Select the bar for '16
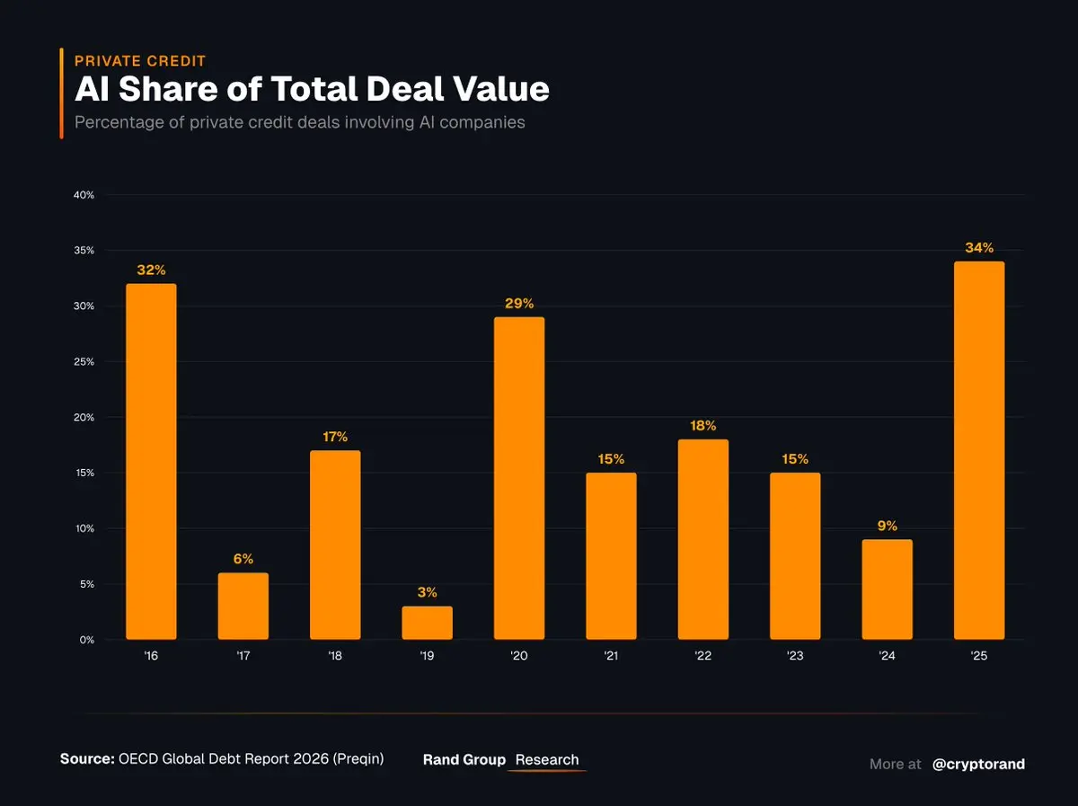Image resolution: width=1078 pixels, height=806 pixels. pyautogui.click(x=151, y=462)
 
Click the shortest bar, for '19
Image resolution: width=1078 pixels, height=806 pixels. pyautogui.click(x=427, y=623)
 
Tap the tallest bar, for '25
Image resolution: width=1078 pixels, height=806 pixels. pyautogui.click(x=979, y=450)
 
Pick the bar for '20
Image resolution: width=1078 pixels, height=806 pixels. pyautogui.click(x=519, y=478)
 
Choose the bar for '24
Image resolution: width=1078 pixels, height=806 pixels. pyautogui.click(x=887, y=589)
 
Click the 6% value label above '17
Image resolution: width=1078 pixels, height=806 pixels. pyautogui.click(x=243, y=559)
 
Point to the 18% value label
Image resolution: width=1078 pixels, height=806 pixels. pyautogui.click(x=703, y=425)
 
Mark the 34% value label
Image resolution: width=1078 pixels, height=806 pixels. pyautogui.click(x=979, y=248)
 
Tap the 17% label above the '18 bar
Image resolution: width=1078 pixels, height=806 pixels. pyautogui.click(x=335, y=437)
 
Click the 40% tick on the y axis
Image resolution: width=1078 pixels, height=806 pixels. pyautogui.click(x=84, y=195)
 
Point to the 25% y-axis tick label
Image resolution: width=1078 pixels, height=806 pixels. pyautogui.click(x=84, y=362)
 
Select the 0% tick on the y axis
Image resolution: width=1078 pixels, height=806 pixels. pyautogui.click(x=86, y=640)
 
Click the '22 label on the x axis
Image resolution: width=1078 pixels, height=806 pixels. pyautogui.click(x=703, y=657)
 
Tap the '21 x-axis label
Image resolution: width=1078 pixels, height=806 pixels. pyautogui.click(x=611, y=657)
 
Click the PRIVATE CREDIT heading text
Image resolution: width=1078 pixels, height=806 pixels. pyautogui.click(x=140, y=61)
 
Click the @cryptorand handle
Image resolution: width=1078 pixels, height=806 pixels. pyautogui.click(x=978, y=764)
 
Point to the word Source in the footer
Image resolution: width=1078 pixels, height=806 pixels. pyautogui.click(x=86, y=759)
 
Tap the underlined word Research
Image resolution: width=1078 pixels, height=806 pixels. pyautogui.click(x=547, y=760)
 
